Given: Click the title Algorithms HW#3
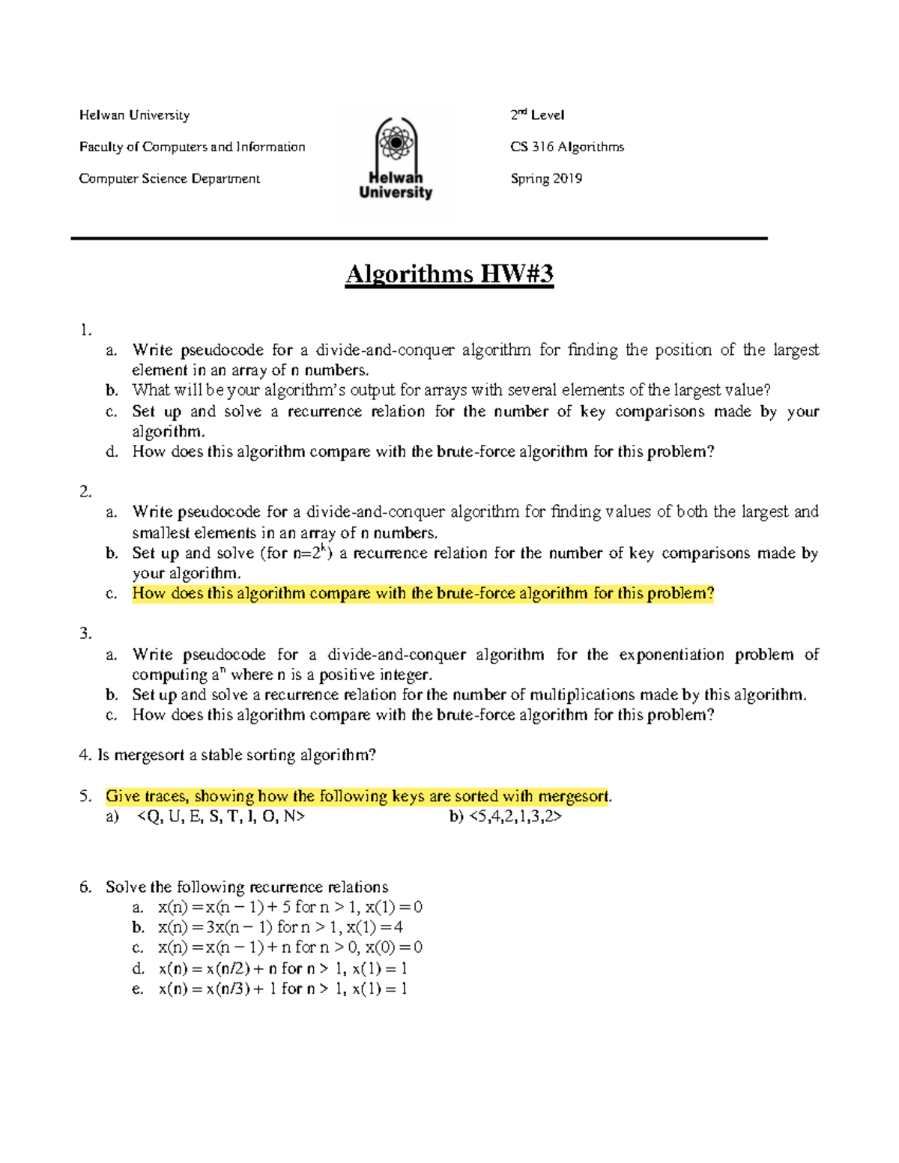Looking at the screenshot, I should pyautogui.click(x=449, y=274).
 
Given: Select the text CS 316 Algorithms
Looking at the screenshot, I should pyautogui.click(x=566, y=147).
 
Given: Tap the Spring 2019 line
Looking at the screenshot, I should pyautogui.click(x=546, y=178).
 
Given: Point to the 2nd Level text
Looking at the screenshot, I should pyautogui.click(x=537, y=115).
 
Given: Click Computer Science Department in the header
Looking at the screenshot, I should pyautogui.click(x=169, y=178).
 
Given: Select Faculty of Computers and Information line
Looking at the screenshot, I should pyautogui.click(x=192, y=147).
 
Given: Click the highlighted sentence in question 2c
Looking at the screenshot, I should pyautogui.click(x=423, y=594).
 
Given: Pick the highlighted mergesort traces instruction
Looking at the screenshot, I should pyautogui.click(x=358, y=796).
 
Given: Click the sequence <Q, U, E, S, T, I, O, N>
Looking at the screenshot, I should pyautogui.click(x=221, y=816).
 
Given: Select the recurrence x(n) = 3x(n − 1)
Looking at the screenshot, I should pyautogui.click(x=280, y=927).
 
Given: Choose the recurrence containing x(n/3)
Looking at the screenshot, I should pyautogui.click(x=282, y=989).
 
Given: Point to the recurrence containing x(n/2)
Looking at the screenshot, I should pyautogui.click(x=282, y=968).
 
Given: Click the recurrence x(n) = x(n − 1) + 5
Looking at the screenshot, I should pyautogui.click(x=290, y=907).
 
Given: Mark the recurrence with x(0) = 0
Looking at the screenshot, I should pyautogui.click(x=290, y=947).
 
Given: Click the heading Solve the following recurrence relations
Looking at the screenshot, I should pyautogui.click(x=246, y=887).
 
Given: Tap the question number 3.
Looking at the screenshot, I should pyautogui.click(x=85, y=634).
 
